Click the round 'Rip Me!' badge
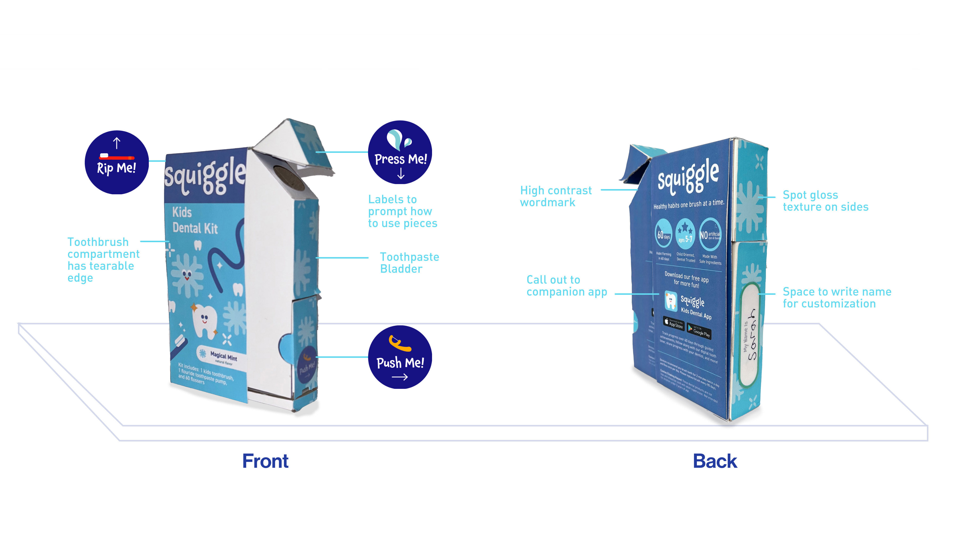pos(117,162)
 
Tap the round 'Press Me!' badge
pos(400,152)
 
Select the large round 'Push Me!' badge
pos(400,357)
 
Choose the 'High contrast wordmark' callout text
pos(556,197)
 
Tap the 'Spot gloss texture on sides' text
pos(825,201)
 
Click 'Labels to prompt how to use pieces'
pos(402,211)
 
